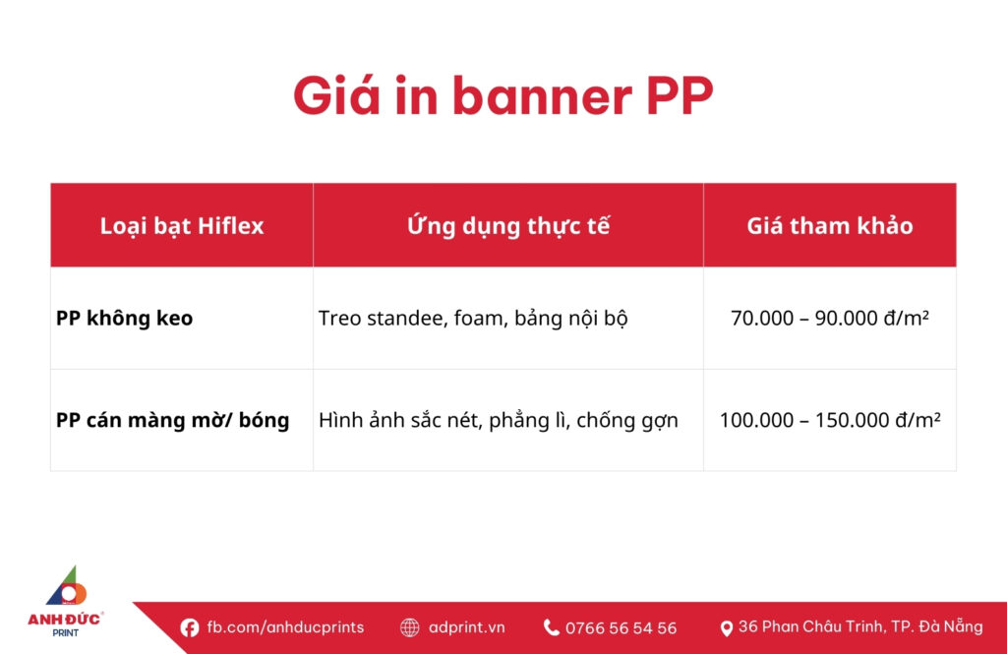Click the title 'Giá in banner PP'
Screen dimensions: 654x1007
click(503, 96)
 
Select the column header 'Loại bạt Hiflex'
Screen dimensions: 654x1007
click(182, 225)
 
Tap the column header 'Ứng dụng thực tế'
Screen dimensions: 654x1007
click(508, 225)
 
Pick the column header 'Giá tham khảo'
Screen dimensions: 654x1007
click(829, 225)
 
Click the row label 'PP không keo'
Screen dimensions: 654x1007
click(124, 319)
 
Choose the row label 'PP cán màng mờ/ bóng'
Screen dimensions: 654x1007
click(172, 421)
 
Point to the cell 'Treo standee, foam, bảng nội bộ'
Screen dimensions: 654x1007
click(473, 319)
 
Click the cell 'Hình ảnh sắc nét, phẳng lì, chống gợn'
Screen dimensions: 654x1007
click(499, 421)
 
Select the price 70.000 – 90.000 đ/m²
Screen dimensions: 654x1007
click(830, 319)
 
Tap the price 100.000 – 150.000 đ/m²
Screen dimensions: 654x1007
click(830, 421)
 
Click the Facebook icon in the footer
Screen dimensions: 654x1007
click(190, 627)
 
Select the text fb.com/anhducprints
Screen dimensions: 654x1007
click(285, 627)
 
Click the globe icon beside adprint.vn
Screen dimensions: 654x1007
click(410, 627)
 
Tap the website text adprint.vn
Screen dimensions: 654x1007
click(467, 627)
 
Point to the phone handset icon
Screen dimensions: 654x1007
click(552, 627)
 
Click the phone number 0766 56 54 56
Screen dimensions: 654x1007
click(621, 627)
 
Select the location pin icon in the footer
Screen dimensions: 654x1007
click(727, 627)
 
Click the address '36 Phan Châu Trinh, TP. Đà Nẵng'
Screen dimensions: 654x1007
click(860, 626)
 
